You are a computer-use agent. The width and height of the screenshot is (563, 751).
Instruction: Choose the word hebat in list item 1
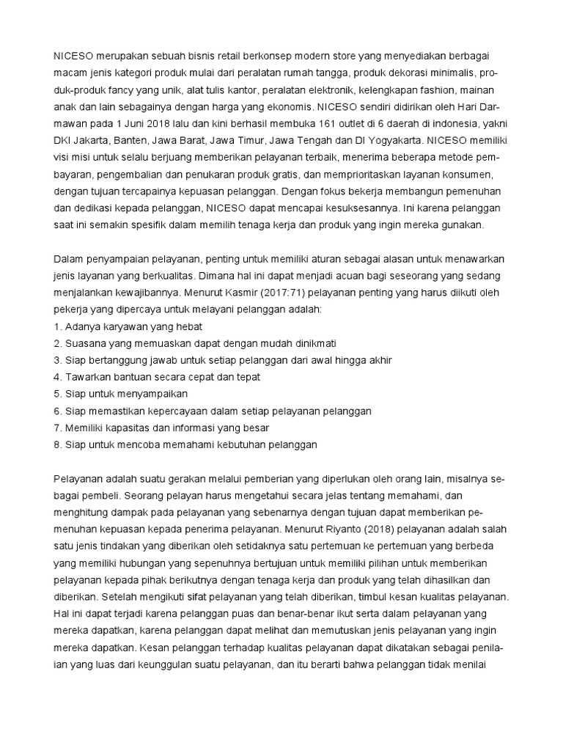(187, 326)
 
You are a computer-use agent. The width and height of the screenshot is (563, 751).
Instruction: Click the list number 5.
(57, 394)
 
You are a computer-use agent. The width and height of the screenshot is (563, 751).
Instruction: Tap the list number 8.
(57, 444)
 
